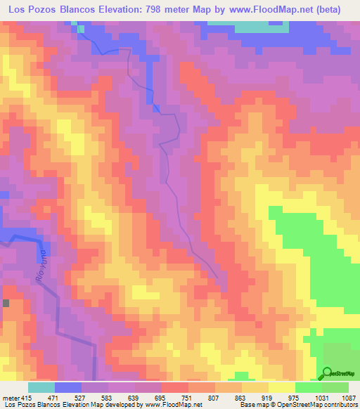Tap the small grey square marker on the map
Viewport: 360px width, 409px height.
coord(6,303)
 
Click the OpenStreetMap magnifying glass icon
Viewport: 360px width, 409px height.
coord(327,373)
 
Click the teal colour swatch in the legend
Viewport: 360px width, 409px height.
coord(41,388)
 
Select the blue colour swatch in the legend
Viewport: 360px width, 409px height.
coord(68,388)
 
